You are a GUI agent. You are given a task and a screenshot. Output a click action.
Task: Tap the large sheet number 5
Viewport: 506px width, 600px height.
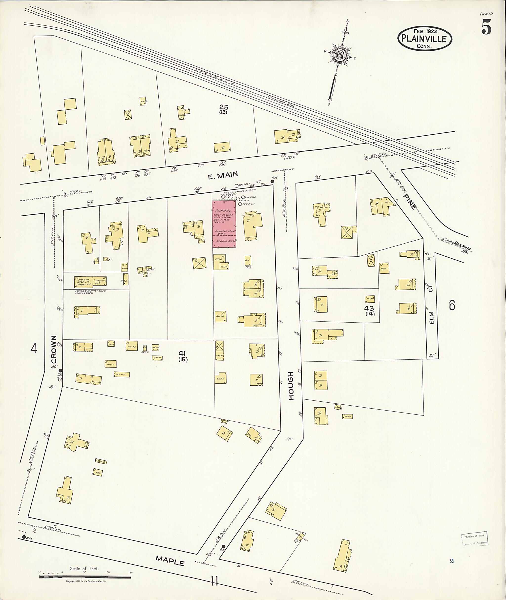(x=486, y=27)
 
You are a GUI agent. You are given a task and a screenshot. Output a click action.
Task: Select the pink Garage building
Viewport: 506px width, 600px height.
(x=224, y=224)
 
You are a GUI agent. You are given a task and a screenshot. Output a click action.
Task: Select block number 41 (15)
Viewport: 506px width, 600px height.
(x=183, y=356)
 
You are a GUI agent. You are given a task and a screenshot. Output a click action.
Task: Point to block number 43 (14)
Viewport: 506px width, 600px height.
(x=369, y=310)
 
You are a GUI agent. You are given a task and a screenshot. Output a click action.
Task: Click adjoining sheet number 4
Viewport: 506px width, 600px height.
(x=34, y=349)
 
